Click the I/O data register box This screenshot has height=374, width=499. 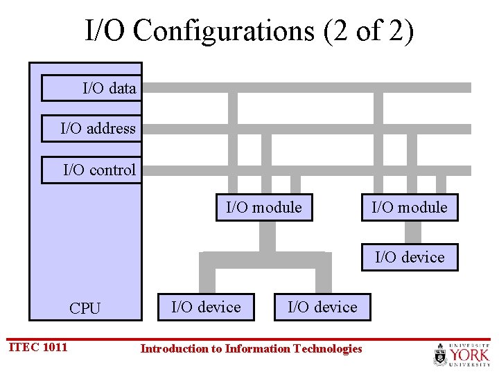click(91, 88)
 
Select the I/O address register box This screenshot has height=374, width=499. click(91, 128)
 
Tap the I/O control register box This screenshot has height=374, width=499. click(91, 170)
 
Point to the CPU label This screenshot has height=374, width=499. click(85, 308)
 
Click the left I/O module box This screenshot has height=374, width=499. click(264, 207)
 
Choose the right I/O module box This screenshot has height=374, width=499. click(410, 207)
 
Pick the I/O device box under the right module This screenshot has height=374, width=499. click(410, 257)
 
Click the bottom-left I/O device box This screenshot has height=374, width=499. click(206, 307)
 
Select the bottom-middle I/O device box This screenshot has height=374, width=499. click(322, 307)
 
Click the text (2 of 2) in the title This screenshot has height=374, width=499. click(369, 31)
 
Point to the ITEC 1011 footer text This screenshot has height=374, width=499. click(38, 347)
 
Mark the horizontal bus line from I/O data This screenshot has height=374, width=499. click(305, 88)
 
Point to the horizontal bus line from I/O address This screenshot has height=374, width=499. click(305, 129)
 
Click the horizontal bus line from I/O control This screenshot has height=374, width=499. click(305, 170)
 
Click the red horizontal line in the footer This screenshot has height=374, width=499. click(277, 339)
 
